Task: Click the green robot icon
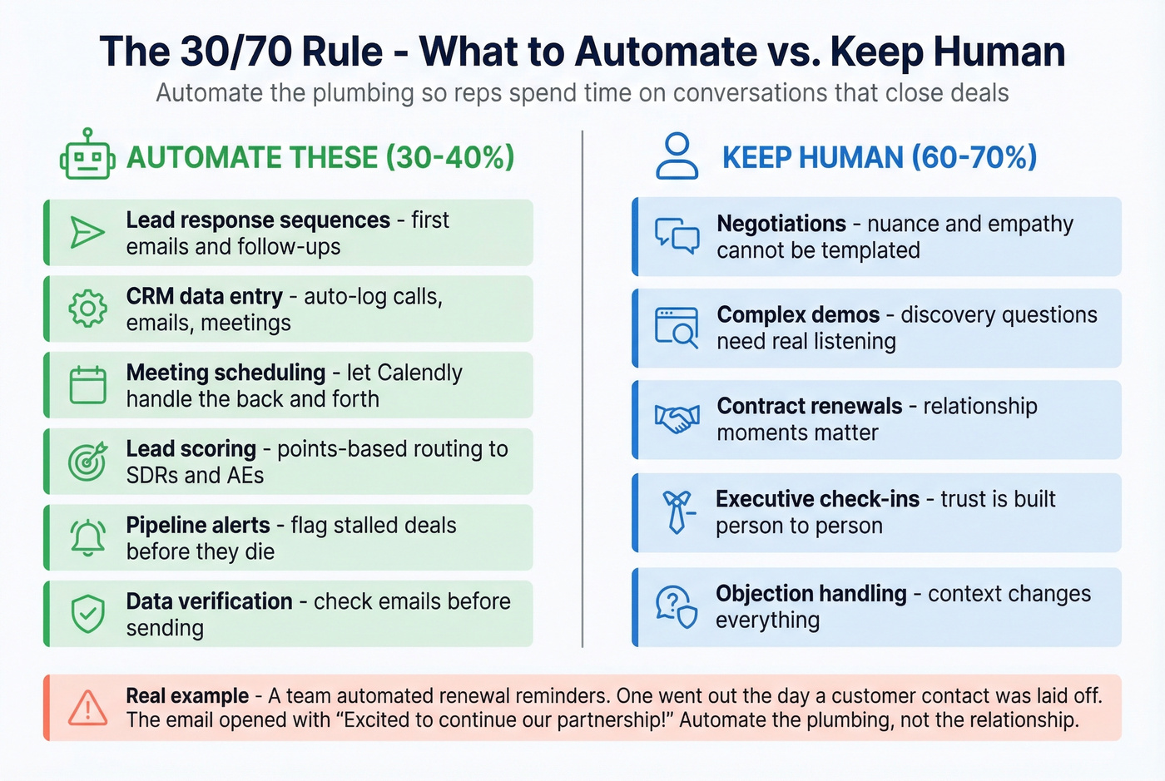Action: coord(87,156)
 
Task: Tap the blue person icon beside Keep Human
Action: coord(677,156)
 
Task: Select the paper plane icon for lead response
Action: coord(87,233)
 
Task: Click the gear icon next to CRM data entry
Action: coord(87,309)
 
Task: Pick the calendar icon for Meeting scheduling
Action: coord(87,386)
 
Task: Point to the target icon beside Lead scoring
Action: coord(87,462)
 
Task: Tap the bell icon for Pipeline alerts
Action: coord(87,538)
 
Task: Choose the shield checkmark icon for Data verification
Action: coord(87,615)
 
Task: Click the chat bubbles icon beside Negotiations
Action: coord(677,236)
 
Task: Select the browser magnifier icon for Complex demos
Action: coord(677,328)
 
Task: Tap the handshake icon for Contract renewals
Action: coord(677,419)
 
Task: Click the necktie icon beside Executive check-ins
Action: coord(677,512)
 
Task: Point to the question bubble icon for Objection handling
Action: coord(677,606)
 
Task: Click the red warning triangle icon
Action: coord(87,708)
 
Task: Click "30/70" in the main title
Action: coord(235,52)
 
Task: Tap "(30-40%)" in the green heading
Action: coord(450,157)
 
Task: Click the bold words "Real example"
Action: coord(187,695)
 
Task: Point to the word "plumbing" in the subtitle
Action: coord(362,92)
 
